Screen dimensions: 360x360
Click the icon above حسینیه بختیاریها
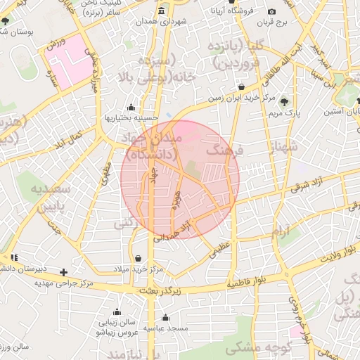pyautogui.click(x=131, y=108)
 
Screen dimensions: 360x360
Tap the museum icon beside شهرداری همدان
pyautogui.click(x=162, y=11)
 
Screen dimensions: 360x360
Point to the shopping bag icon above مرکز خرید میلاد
pyautogui.click(x=137, y=258)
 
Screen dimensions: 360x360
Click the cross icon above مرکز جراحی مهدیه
pyautogui.click(x=64, y=271)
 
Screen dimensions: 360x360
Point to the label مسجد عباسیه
pyautogui.click(x=165, y=328)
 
